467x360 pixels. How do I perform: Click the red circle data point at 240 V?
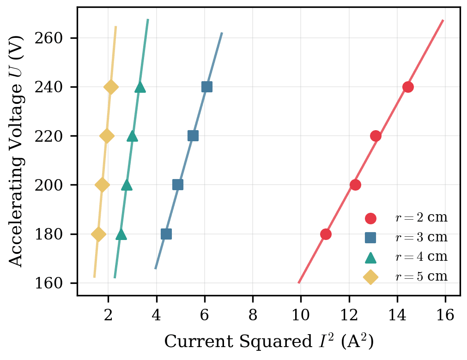(408, 87)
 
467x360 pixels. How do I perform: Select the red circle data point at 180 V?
(326, 234)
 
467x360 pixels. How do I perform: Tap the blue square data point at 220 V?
(193, 136)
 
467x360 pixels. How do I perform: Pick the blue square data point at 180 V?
(166, 234)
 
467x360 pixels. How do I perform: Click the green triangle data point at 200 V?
(127, 185)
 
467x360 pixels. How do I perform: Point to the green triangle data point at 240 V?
(140, 87)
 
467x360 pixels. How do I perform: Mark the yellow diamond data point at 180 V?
(98, 234)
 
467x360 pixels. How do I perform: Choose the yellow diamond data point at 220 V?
(107, 136)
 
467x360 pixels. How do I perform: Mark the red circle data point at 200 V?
(355, 185)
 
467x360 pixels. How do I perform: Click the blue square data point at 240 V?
(207, 87)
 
